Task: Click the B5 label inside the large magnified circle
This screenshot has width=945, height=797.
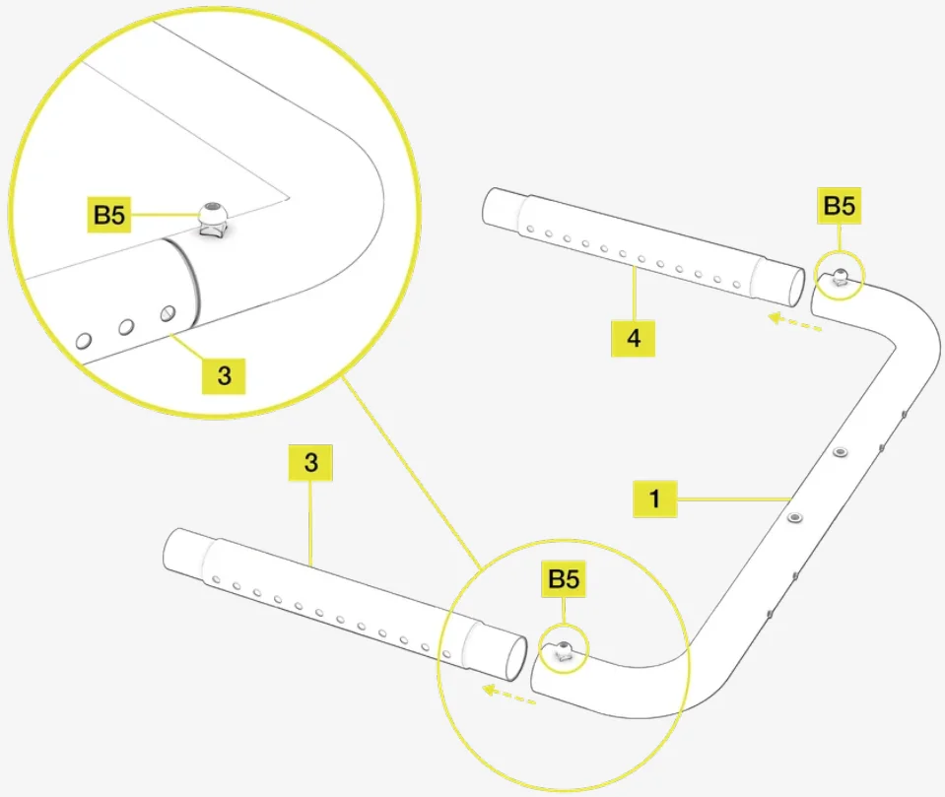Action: pos(109,215)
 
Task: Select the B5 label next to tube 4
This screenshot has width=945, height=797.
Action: pos(839,207)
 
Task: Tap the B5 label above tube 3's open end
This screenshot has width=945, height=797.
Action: pos(564,580)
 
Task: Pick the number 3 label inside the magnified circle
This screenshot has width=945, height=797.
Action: pos(225,375)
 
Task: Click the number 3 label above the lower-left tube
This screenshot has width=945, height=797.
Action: pos(311,463)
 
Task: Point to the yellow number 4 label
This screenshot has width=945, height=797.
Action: pos(634,339)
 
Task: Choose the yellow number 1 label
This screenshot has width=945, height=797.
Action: pos(654,499)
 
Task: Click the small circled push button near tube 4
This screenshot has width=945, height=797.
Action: pos(842,278)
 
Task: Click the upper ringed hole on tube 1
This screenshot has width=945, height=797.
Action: pos(840,452)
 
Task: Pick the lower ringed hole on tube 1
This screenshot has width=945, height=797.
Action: pos(795,516)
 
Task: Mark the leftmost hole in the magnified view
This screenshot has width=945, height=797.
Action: pos(84,341)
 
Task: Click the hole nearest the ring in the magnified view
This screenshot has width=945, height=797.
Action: pos(169,313)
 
